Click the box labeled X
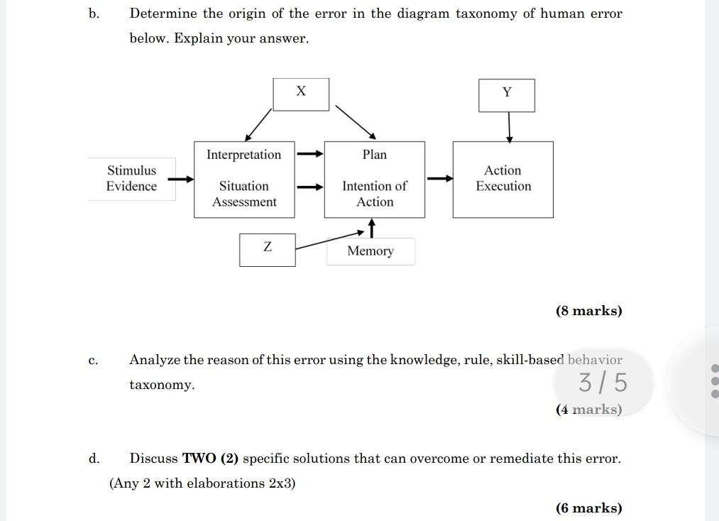tap(301, 94)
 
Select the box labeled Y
tap(506, 95)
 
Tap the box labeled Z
tap(267, 249)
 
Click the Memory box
tap(371, 251)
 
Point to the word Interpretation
tap(243, 155)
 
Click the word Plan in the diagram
tap(374, 155)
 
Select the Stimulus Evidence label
tap(131, 178)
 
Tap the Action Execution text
tap(503, 178)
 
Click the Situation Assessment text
tap(243, 194)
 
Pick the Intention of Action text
tap(374, 194)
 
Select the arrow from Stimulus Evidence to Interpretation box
tap(181, 179)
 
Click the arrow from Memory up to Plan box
tap(371, 228)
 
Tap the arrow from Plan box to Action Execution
tap(440, 179)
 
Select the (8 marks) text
tap(588, 311)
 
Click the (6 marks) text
tap(588, 508)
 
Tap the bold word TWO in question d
tap(199, 459)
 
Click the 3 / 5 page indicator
tap(603, 383)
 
